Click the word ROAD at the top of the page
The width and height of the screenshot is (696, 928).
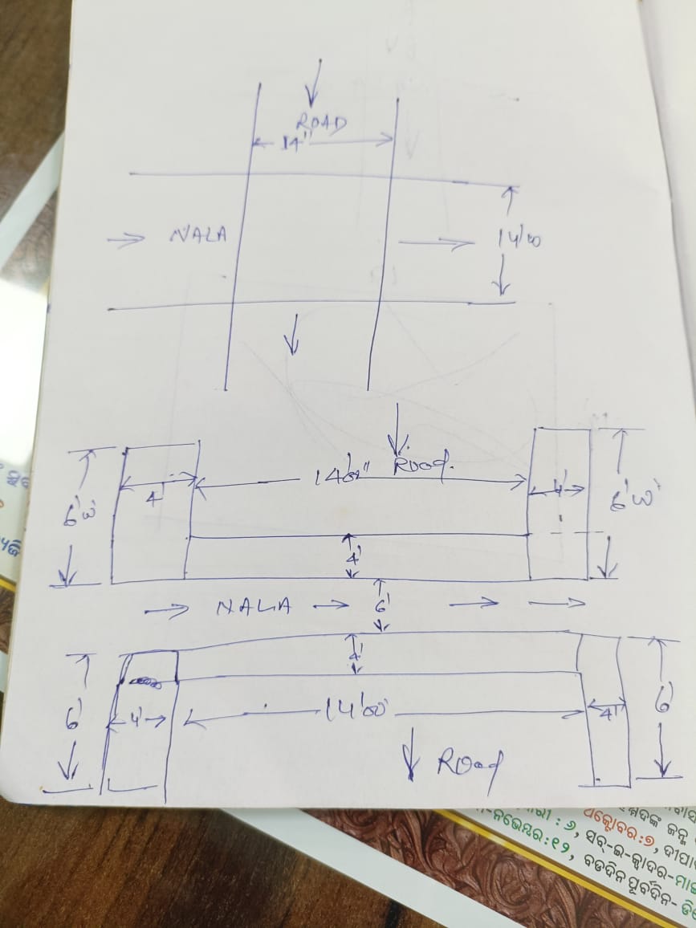point(321,123)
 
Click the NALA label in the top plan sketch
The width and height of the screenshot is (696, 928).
point(198,234)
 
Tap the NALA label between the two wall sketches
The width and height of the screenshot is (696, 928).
point(253,608)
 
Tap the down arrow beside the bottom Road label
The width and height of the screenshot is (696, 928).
point(413,754)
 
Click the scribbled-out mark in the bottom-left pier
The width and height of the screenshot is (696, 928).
point(144,682)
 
